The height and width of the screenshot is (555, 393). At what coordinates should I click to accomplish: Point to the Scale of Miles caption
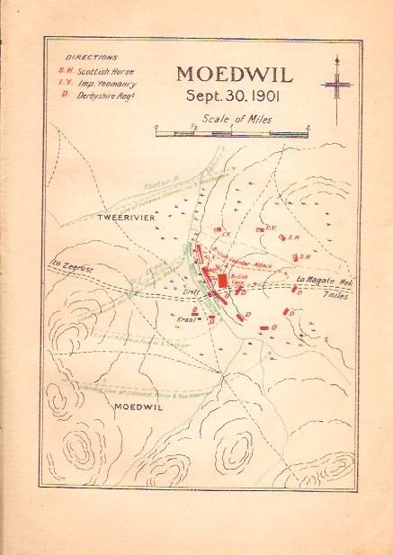tap(232, 117)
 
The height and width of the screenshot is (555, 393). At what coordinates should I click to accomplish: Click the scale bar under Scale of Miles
tap(232, 133)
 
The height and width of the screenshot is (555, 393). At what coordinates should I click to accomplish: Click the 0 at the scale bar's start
tap(156, 126)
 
